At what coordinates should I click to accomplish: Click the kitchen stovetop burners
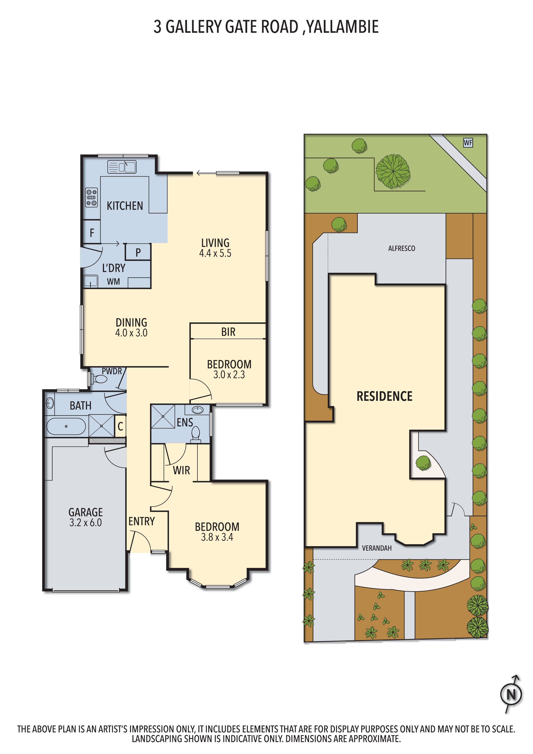(92, 197)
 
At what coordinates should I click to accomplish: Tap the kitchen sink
(122, 167)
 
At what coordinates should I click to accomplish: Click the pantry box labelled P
(138, 252)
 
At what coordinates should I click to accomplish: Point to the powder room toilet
(100, 380)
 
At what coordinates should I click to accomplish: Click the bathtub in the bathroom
(66, 426)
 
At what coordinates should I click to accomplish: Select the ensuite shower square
(163, 416)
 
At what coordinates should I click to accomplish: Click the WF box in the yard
(468, 143)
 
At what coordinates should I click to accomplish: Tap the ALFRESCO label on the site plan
(401, 249)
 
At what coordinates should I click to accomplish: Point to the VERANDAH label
(377, 548)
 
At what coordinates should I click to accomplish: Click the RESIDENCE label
(384, 396)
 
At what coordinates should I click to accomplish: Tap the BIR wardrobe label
(228, 332)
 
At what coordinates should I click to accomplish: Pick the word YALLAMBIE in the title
(343, 27)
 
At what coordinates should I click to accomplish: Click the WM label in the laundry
(113, 281)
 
